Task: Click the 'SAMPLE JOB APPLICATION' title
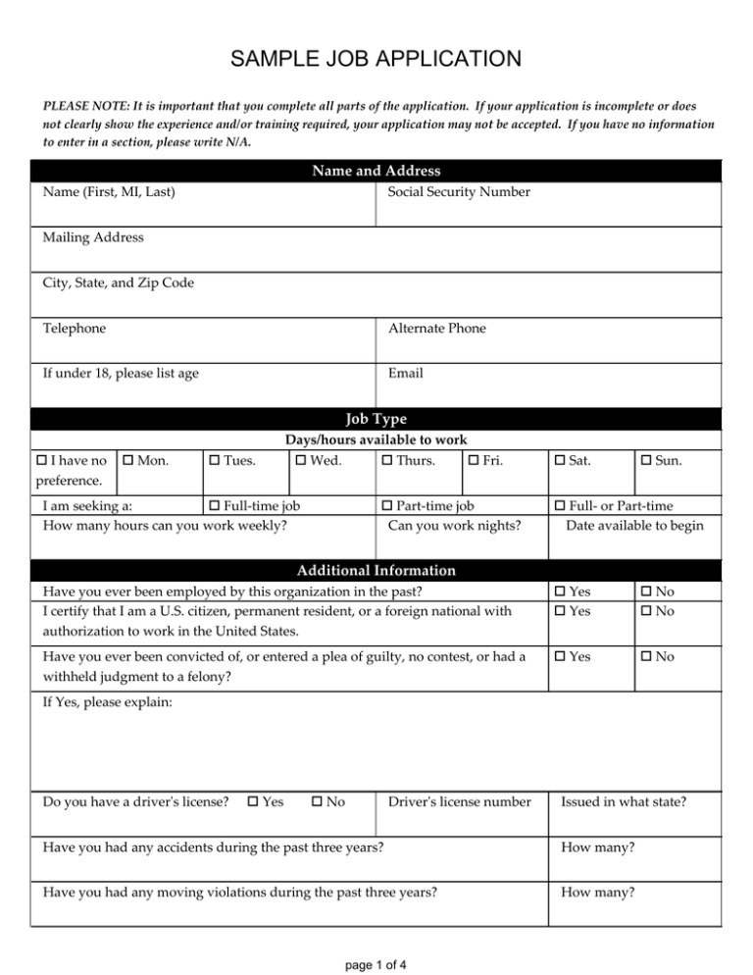376,61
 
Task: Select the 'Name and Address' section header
376,172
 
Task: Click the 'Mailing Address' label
93,237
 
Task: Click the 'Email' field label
405,374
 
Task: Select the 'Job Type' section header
376,419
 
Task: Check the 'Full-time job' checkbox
217,505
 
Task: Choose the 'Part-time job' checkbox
385,505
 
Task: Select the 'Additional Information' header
376,570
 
